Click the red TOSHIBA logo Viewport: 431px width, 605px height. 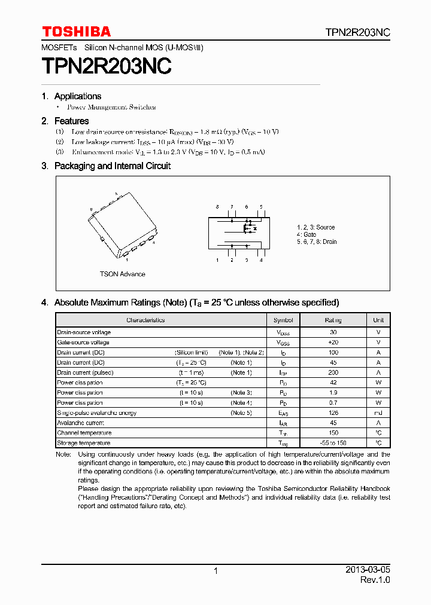tap(76, 32)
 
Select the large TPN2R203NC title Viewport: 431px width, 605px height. tap(107, 66)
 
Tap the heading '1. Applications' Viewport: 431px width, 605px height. tap(71, 96)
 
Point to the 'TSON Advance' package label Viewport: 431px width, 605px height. tap(122, 274)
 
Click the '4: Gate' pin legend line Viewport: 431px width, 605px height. tap(306, 234)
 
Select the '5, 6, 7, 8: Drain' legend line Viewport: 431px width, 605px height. tap(317, 242)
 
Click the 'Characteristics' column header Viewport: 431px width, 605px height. tap(145, 320)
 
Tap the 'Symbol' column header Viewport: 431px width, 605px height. tap(283, 320)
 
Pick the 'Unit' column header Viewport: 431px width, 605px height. tap(378, 320)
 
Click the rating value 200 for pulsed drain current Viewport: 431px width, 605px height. tap(333, 372)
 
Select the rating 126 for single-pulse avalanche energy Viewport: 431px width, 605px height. tap(333, 413)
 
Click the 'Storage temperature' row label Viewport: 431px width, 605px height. tap(84, 443)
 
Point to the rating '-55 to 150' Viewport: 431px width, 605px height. tap(333, 443)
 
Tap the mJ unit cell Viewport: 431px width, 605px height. tap(378, 413)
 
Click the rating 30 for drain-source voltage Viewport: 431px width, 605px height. tap(333, 332)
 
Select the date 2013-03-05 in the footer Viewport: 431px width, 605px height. tap(368, 570)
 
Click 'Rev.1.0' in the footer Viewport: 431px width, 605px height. tap(375, 580)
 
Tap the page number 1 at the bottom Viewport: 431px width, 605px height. tap(215, 571)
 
